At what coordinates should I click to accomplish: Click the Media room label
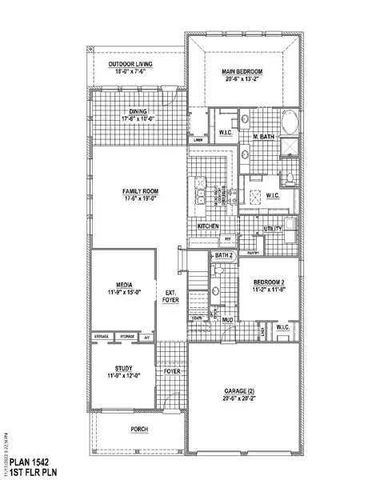[123, 285]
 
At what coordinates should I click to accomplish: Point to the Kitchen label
[209, 226]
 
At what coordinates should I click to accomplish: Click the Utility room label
[273, 229]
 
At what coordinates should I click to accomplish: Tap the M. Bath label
[265, 137]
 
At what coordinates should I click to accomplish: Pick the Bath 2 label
[224, 255]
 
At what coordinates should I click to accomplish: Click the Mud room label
[227, 319]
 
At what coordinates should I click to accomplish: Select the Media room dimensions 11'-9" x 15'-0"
[123, 292]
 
